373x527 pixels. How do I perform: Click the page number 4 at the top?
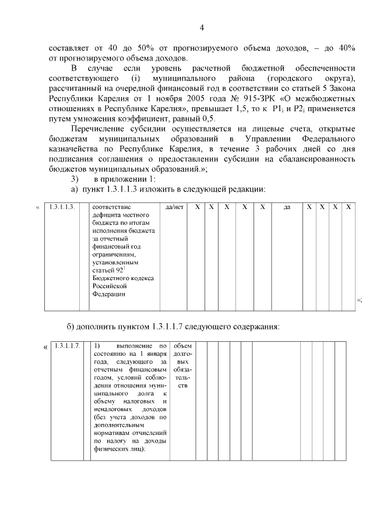tap(202, 27)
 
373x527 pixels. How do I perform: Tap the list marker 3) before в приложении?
tap(74, 178)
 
